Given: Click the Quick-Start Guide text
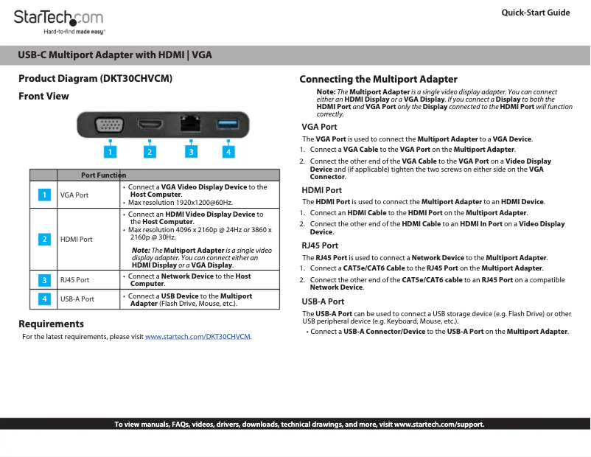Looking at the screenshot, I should pos(535,13).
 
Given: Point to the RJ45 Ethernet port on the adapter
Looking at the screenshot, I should pos(190,123).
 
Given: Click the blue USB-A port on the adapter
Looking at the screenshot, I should pos(227,124).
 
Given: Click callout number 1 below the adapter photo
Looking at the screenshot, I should pos(110,152).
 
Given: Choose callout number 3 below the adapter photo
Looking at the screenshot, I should pos(191,152).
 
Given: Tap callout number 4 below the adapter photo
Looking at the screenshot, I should pos(228,152).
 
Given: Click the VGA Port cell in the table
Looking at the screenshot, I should pos(74,195).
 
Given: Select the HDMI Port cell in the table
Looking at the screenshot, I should pos(77,240).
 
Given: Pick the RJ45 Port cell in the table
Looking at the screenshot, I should pos(75,280).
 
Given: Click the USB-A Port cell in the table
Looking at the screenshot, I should pos(77,299).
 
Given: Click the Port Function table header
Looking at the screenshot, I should pos(103,175).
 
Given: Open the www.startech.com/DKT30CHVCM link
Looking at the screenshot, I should pos(197,337).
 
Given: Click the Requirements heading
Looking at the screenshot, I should pos(51,324).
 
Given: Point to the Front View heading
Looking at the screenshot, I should pos(43,96).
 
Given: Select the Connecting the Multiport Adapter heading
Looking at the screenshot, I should pos(378,79).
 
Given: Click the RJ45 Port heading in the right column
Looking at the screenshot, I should pos(320,245).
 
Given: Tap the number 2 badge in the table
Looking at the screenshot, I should pos(44,240).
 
